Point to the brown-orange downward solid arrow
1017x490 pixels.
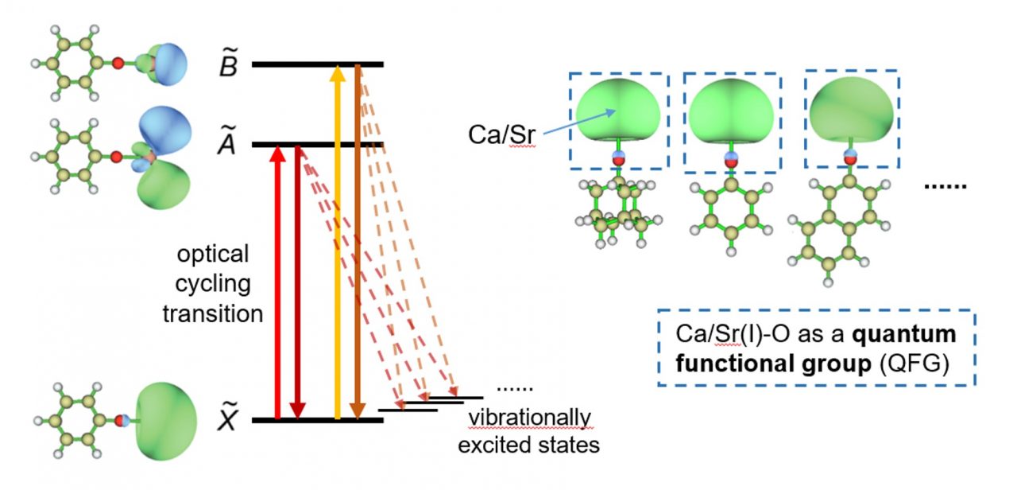coord(358,239)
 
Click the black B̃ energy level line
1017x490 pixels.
coord(317,64)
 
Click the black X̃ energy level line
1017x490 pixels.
coord(317,419)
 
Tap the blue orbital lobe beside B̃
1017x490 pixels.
coord(168,61)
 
